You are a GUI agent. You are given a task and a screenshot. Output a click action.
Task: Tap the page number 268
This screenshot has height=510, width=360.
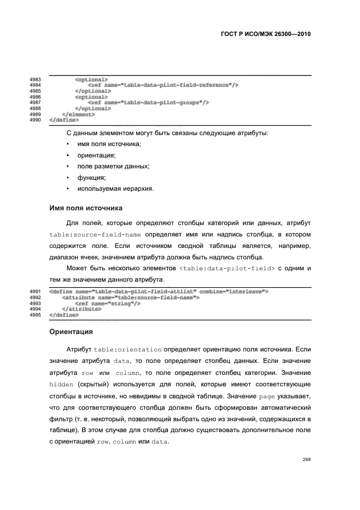306,460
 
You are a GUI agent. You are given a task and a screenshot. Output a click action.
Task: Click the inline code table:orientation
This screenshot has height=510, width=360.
128,349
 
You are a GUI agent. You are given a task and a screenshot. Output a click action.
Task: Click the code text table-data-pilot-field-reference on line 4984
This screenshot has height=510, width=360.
176,86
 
